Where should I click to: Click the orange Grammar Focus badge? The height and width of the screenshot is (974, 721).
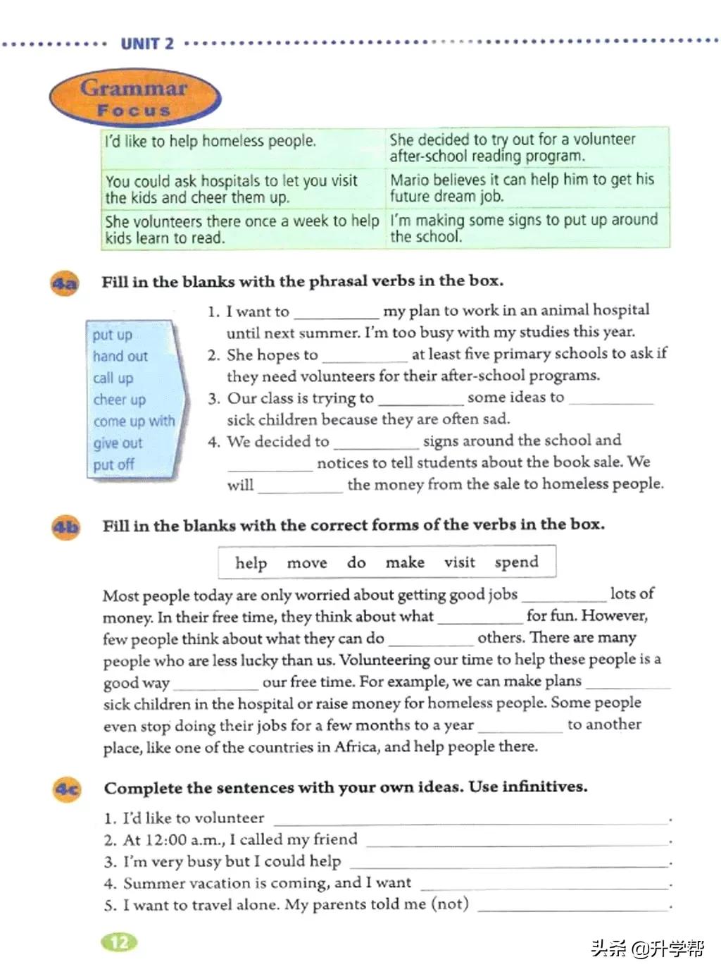tap(134, 98)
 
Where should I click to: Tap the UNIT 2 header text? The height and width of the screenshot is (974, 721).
tap(146, 44)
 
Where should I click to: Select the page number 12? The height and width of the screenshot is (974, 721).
tap(120, 942)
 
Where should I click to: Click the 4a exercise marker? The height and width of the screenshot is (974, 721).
tap(65, 283)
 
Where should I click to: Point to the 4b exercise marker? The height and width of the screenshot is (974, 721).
tap(66, 527)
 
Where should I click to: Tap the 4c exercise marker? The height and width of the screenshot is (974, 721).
tap(68, 789)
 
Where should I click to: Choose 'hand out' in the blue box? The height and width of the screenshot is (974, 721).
tap(120, 357)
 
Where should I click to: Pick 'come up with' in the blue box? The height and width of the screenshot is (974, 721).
tap(134, 421)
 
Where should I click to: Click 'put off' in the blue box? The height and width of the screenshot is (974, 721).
tap(113, 464)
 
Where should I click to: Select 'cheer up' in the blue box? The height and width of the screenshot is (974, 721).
tap(120, 400)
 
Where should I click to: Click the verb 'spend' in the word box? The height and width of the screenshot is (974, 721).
tap(516, 562)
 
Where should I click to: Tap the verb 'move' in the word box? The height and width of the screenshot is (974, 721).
tap(307, 562)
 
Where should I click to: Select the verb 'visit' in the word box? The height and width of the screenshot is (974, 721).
tap(459, 562)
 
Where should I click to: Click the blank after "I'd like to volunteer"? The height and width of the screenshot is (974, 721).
tap(470, 818)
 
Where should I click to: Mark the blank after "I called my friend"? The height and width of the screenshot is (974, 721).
tap(517, 840)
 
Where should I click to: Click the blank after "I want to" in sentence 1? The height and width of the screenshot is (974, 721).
tap(336, 312)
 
